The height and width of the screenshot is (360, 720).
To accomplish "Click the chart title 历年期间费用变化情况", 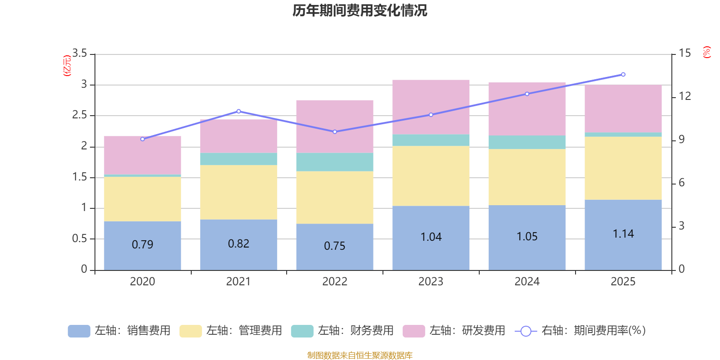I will pos(360,10).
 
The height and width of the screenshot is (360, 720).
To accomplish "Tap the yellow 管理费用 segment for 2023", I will pos(431,176).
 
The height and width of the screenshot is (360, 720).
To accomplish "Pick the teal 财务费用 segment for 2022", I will pos(334,162).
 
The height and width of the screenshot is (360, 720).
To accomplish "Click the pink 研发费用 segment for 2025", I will pos(623,108).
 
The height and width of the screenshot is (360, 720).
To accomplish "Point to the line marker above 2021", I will pos(238,111).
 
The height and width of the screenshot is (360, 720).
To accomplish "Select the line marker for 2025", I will pos(623,74).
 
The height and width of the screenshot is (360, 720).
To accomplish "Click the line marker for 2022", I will pos(335,132).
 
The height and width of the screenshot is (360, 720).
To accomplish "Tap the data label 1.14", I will pos(623,234).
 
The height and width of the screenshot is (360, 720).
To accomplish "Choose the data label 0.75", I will pos(335,246).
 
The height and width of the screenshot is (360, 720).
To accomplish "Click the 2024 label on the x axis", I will pos(527,282).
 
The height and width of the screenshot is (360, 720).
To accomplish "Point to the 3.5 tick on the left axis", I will pos(80,54).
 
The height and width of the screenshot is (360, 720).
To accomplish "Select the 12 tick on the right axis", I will pos(685,96).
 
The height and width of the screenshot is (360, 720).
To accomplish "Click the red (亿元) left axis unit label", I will pos(67,66).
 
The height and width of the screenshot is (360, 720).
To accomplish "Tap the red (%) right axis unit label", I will pos(706,52).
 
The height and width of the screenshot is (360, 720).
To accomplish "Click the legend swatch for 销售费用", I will pos(79,331).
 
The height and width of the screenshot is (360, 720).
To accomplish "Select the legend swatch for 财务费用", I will pos(302,331).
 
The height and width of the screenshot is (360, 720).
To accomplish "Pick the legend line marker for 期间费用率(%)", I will pos(526,331).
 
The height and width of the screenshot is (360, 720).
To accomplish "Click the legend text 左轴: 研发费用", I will pos(467,331).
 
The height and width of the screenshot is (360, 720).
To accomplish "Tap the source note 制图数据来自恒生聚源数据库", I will pos(360,355).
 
